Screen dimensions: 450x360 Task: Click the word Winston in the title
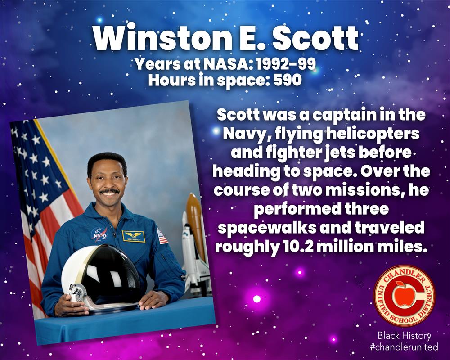162,39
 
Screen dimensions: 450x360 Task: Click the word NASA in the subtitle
227,64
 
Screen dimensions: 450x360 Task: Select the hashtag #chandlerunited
404,346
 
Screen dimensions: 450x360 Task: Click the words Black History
404,335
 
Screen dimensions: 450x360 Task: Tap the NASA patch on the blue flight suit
99,234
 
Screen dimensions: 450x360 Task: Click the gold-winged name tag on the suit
133,236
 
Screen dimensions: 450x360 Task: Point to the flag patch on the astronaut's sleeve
163,236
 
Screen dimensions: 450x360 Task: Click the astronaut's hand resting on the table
151,300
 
